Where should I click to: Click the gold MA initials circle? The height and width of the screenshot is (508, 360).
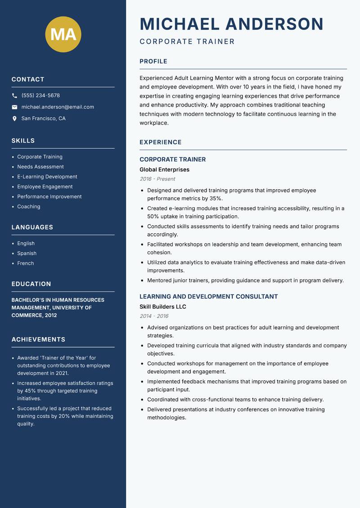[x=63, y=34]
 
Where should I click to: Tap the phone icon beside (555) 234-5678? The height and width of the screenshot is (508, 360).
[x=14, y=96]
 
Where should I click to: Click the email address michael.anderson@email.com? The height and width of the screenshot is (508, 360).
[x=58, y=107]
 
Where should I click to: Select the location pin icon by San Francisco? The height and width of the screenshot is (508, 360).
[x=14, y=119]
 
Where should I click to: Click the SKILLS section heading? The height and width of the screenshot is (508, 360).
[x=23, y=141]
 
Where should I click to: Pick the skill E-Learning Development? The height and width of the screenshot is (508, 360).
[x=47, y=177]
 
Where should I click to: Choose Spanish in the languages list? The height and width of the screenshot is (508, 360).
[x=27, y=253]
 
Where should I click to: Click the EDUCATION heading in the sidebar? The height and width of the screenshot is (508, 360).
[x=31, y=284]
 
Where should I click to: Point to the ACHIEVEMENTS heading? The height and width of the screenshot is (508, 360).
[x=38, y=339]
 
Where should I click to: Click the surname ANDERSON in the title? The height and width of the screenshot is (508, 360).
[x=274, y=24]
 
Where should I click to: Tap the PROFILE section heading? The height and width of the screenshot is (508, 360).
[x=153, y=62]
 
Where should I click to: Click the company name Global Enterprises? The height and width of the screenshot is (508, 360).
[x=164, y=169]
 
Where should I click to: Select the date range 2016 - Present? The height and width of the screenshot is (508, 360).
[x=157, y=179]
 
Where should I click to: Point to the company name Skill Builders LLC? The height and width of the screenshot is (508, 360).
[x=162, y=307]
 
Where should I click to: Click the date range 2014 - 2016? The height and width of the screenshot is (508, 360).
[x=154, y=316]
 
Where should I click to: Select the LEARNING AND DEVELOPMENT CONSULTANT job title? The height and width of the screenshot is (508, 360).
[x=208, y=297]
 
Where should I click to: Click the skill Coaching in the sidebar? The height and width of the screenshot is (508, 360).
[x=29, y=206]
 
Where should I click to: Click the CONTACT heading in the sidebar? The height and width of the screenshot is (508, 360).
[x=28, y=80]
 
